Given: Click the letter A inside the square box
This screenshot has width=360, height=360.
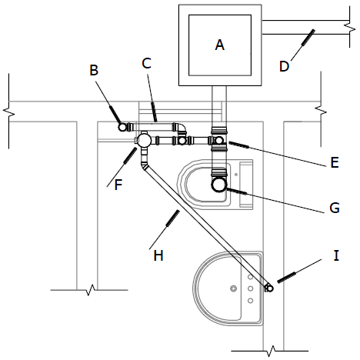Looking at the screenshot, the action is click(x=220, y=45).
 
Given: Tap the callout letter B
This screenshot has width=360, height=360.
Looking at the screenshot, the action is click(x=94, y=70).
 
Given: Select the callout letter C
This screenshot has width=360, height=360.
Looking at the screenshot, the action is click(x=146, y=63).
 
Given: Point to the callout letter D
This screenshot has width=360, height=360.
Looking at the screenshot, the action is click(x=284, y=66).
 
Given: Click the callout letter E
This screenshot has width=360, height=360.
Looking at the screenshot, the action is click(x=335, y=162).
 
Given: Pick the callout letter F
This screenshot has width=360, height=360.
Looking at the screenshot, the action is click(x=118, y=185).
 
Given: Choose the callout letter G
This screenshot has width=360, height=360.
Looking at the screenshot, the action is click(x=335, y=208).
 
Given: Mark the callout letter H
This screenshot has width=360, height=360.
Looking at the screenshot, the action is click(x=158, y=255).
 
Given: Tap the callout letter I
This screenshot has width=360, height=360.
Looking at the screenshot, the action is click(x=336, y=255).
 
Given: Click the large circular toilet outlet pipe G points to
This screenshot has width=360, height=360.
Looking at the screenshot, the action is click(x=219, y=185).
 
